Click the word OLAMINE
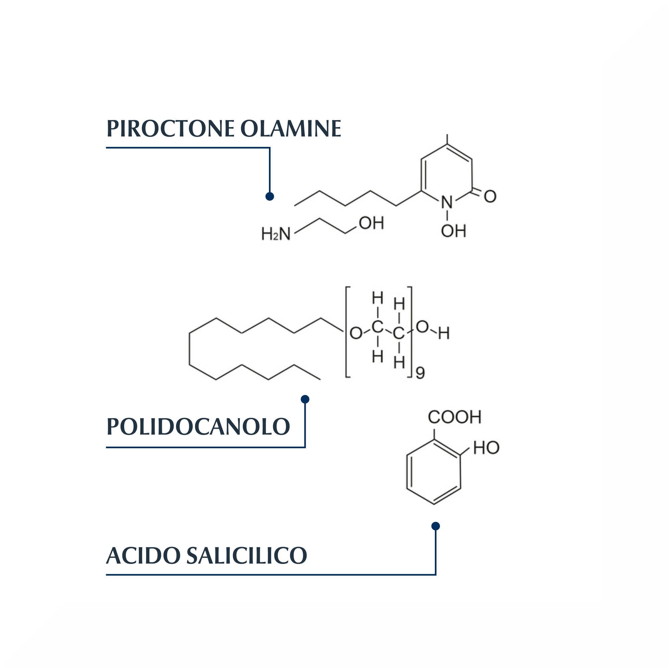tap(291, 128)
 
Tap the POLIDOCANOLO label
tap(198, 426)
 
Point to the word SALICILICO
tap(247, 555)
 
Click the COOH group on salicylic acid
tap(454, 417)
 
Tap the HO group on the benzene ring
tap(486, 448)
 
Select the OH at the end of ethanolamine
tap(372, 223)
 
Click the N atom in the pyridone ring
tap(447, 202)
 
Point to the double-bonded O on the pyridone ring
tap(490, 196)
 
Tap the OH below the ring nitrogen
tap(453, 231)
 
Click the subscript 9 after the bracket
tap(420, 373)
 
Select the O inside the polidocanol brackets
tap(356, 333)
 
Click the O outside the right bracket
tap(422, 327)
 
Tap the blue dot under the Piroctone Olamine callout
tap(270, 196)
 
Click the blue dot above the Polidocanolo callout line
tap(305, 399)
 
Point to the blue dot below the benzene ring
tap(436, 526)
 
